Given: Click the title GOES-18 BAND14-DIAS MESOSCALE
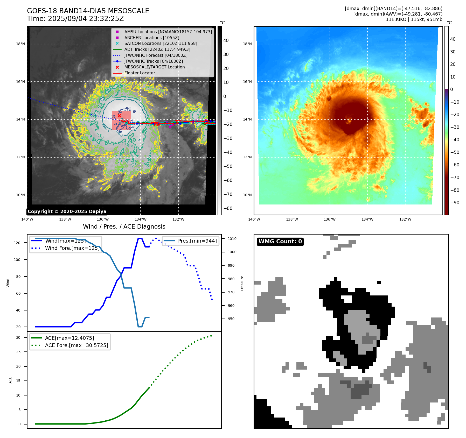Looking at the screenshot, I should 88,11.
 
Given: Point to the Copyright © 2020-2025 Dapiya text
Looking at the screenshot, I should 67,211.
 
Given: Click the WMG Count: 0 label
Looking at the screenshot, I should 280,242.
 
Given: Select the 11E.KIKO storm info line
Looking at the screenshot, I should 414,19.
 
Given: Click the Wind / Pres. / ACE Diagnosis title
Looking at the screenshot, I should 124,227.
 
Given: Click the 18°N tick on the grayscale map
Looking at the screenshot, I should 20,44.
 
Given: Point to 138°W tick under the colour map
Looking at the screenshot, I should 292,219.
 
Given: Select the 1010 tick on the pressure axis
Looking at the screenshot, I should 232,239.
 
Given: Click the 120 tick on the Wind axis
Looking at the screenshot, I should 17,243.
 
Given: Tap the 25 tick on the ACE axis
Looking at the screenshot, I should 18,352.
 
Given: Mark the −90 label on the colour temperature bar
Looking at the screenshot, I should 455,203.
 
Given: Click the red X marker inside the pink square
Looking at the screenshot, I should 119,116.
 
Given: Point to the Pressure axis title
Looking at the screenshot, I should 242,283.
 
